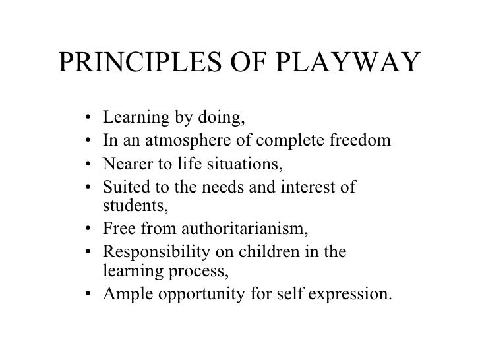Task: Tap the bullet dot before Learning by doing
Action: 89,120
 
